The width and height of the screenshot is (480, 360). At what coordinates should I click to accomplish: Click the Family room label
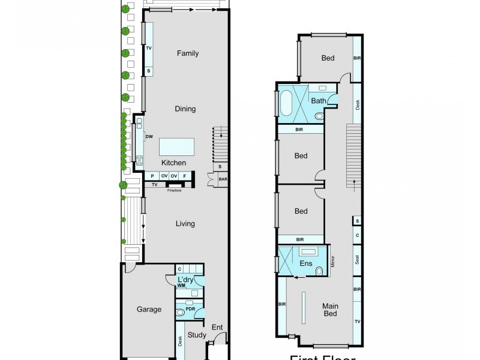click(x=187, y=53)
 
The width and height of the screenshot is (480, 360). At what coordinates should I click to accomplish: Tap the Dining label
click(x=185, y=109)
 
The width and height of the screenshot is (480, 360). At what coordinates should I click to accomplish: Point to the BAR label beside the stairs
click(x=223, y=178)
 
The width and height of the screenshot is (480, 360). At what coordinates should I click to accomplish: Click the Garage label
click(x=149, y=310)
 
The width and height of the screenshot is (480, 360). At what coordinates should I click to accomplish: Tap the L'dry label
click(x=184, y=281)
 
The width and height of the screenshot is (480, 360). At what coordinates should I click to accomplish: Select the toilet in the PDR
click(x=181, y=313)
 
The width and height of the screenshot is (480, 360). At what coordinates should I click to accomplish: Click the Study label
click(x=196, y=335)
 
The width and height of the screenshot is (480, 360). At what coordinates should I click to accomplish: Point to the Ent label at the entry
click(x=217, y=327)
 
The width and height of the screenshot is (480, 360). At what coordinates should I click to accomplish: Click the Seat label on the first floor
click(x=357, y=260)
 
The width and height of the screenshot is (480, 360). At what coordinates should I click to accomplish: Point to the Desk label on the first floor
click(x=357, y=104)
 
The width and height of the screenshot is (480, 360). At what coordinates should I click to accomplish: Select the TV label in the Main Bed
click(x=357, y=322)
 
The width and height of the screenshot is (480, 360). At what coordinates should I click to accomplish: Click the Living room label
click(x=185, y=224)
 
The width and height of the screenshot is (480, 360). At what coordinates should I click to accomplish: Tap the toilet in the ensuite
click(x=319, y=272)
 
